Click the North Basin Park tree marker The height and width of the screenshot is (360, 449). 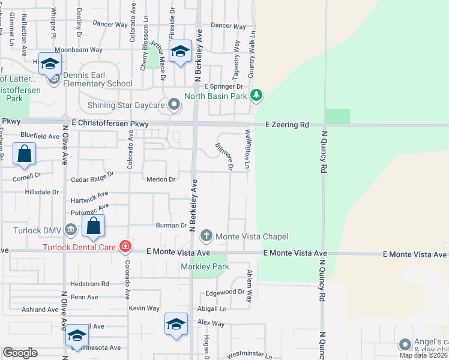tap(257, 95)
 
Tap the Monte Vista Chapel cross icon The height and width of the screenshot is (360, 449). tap(206, 236)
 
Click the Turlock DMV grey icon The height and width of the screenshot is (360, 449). tap(71, 230)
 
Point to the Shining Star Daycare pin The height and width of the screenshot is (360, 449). tap(174, 106)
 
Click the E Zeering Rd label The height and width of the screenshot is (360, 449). tap(287, 125)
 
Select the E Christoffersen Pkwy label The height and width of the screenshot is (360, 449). tap(109, 122)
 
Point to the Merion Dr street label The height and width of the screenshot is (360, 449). tap(160, 179)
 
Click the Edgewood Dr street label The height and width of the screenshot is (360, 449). tap(226, 292)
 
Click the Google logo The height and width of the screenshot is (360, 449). tap(20, 353)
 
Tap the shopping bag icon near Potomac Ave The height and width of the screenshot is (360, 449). tap(93, 227)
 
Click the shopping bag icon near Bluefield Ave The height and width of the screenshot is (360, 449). tap(24, 154)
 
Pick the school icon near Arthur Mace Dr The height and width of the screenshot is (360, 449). tap(179, 53)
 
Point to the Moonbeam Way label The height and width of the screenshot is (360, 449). tap(79, 50)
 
